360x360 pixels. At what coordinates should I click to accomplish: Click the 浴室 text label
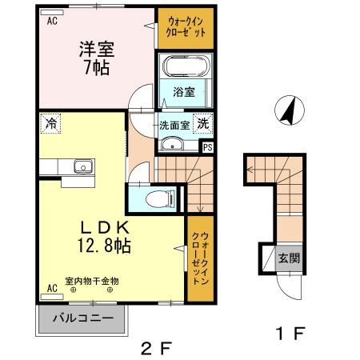coord(184,93)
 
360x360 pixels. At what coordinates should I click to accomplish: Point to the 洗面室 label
coord(173,125)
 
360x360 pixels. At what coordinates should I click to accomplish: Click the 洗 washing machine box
coord(204,124)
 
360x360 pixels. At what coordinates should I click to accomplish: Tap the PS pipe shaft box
coord(208,147)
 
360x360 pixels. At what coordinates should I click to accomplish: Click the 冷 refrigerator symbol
coord(50,124)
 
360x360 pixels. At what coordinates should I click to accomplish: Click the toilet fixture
coord(162,198)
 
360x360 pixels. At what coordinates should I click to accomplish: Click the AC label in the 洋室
coord(52,22)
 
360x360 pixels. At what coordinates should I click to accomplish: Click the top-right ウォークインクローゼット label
coord(186,28)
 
